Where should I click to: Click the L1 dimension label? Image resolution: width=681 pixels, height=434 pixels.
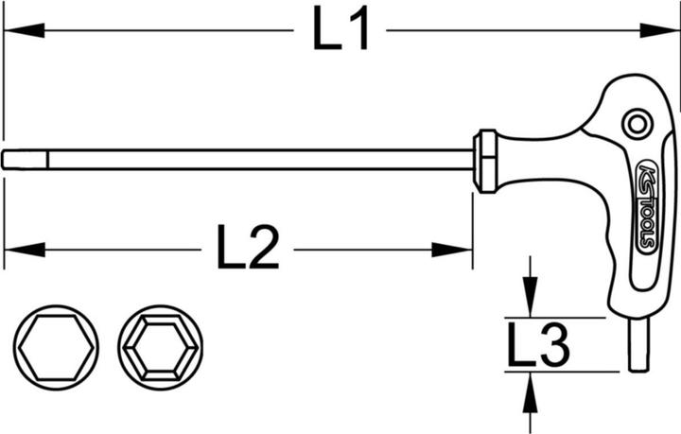pos(340,29)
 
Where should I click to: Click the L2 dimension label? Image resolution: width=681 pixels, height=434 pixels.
pos(248,247)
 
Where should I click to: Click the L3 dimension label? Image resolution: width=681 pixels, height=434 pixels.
pos(538,343)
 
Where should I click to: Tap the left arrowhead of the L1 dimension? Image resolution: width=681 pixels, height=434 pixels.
pos(24,30)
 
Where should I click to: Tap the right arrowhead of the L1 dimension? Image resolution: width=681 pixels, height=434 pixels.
pos(659,30)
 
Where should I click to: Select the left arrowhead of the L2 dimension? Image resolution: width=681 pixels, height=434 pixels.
pos(25,250)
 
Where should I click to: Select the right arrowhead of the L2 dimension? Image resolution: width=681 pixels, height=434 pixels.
pos(452,250)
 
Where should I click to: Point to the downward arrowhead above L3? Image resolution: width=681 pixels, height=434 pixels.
pos(530,297)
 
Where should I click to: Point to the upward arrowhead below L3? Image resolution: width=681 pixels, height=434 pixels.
pos(530,392)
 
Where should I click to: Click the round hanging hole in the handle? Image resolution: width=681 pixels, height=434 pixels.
pos(637,125)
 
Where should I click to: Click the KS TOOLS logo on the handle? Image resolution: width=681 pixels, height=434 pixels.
pos(647,206)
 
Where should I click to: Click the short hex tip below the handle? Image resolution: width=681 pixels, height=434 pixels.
pos(638,344)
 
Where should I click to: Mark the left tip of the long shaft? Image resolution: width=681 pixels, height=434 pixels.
pos(3,160)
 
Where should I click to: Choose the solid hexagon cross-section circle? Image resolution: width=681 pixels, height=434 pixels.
pos(56,347)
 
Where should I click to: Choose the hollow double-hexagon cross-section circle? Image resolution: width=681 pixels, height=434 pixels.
pos(160,347)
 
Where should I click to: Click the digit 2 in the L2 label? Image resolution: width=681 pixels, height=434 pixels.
pos(263,247)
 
